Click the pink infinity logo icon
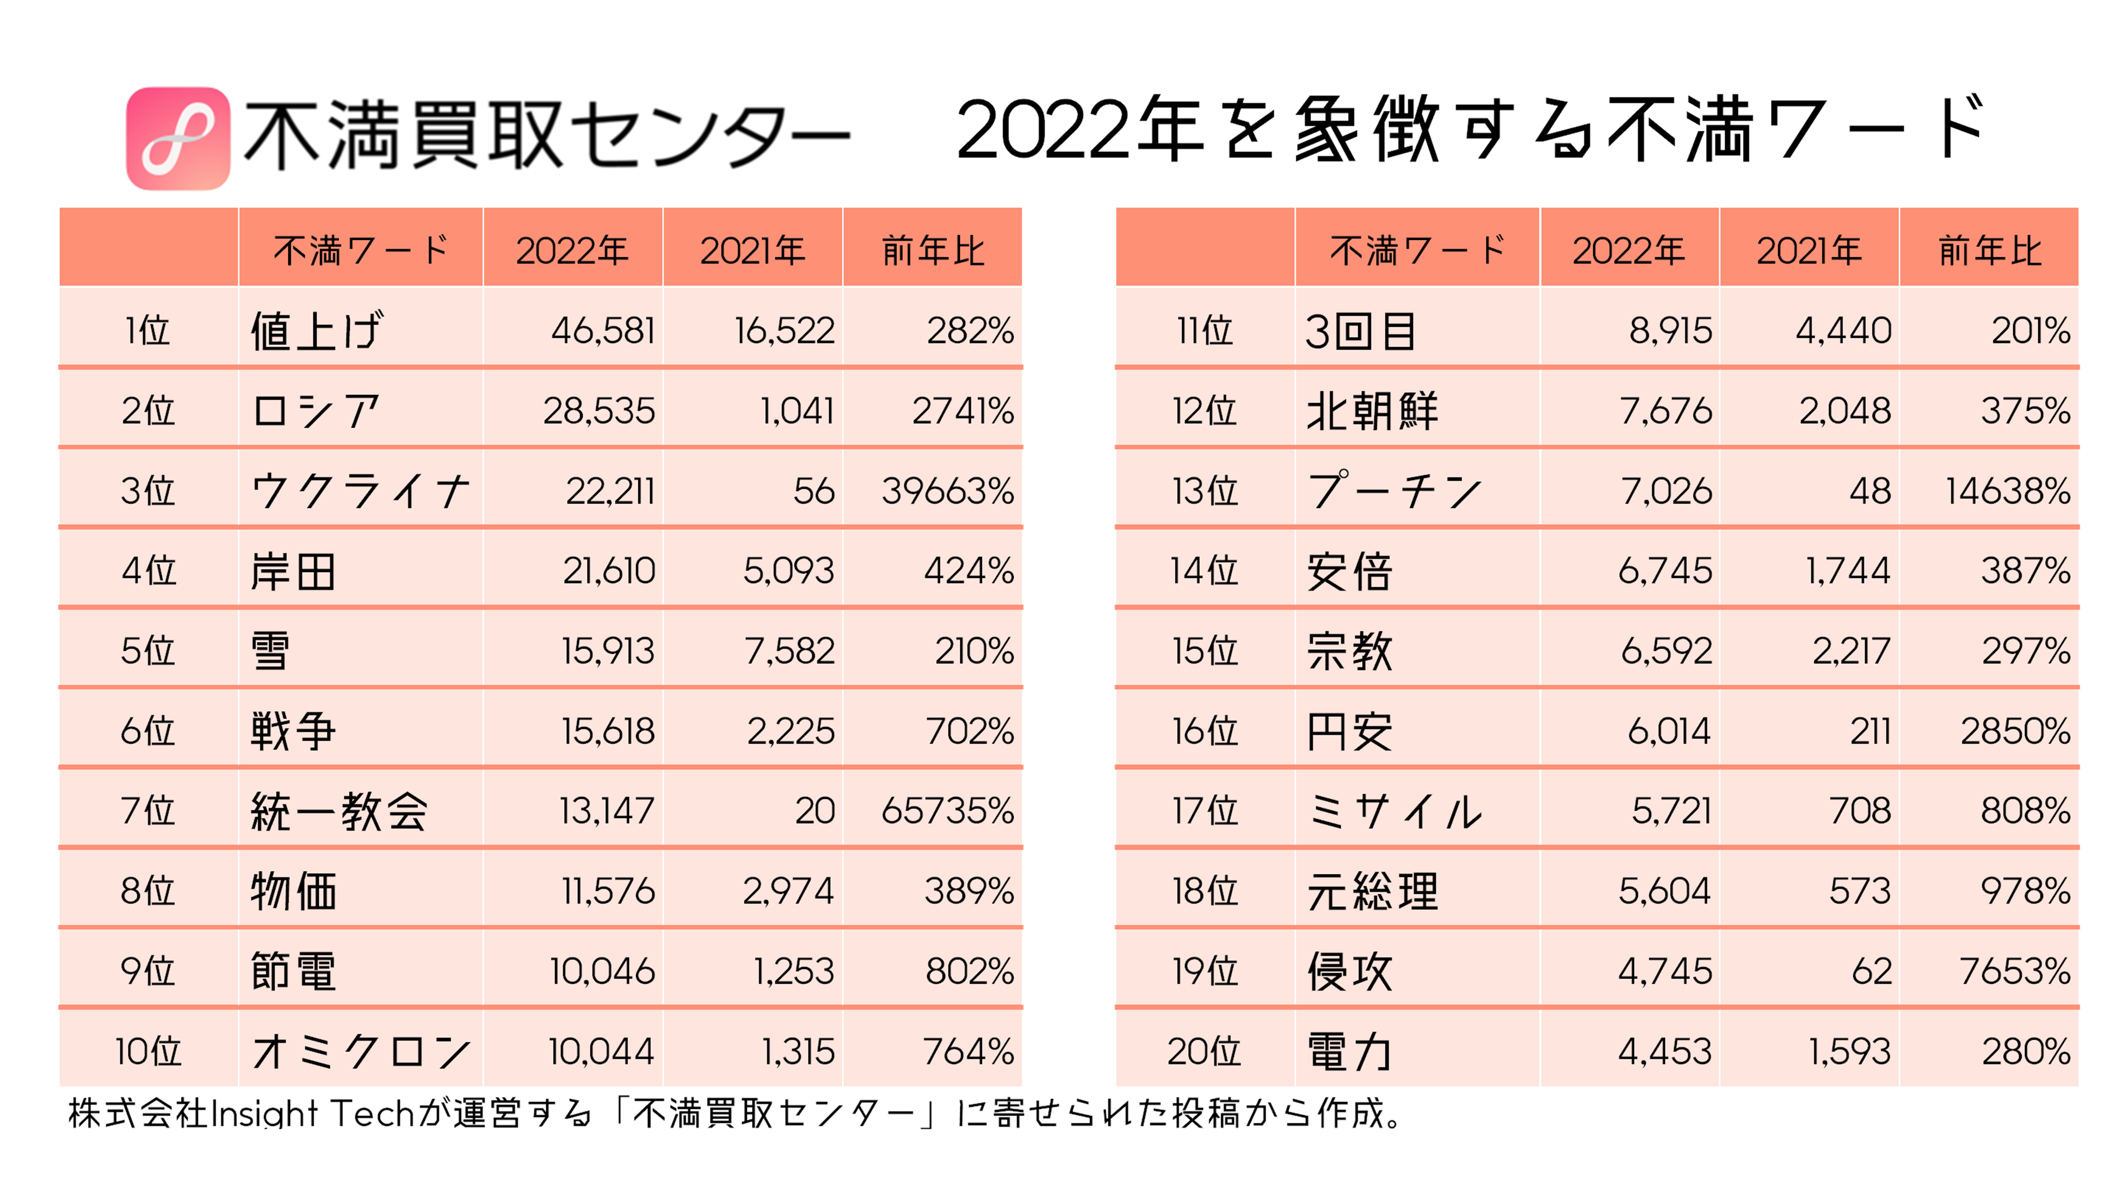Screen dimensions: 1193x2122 177,138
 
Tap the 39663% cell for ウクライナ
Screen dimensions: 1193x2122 947,490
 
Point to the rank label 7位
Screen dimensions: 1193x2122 149,811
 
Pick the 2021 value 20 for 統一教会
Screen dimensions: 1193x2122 815,811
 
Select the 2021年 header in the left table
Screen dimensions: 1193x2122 752,250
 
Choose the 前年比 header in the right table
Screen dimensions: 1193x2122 1989,250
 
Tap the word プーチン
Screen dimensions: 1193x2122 1394,490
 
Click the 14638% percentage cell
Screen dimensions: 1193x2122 2008,490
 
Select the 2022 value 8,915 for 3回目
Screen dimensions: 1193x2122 1670,330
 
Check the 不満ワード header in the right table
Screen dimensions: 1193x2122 1417,250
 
